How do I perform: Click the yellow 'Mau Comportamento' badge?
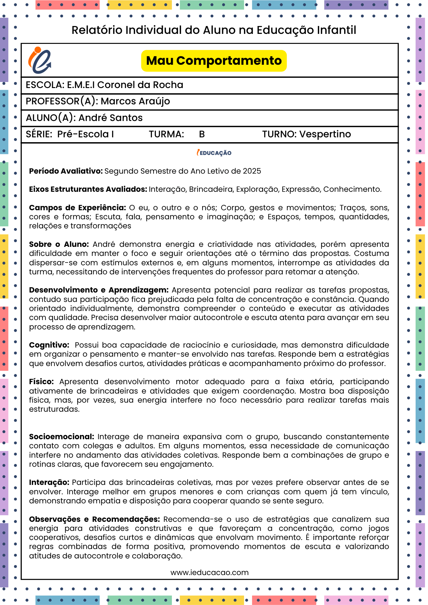pos(214,61)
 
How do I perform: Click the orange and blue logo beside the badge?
pos(40,60)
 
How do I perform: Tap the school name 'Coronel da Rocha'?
pos(140,85)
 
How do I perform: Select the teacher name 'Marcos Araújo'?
pos(135,101)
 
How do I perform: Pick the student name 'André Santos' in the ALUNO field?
pos(110,118)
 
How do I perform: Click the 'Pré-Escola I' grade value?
pos(86,134)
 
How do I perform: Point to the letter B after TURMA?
pos(202,134)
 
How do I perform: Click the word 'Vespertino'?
pos(325,134)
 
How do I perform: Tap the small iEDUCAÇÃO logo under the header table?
pos(214,153)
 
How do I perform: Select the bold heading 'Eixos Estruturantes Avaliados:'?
pos(88,189)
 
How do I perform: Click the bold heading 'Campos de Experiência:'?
pos(77,208)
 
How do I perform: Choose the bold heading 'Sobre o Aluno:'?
pos(59,244)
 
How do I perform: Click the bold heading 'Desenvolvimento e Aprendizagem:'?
pos(99,290)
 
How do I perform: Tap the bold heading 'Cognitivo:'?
pos(49,345)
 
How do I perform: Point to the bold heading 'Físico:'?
pos(41,382)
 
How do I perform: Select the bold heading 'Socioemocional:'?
pos(62,437)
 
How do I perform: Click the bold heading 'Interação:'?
pos(49,482)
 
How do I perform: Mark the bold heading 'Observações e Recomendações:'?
pos(94,519)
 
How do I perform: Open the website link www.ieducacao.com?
pos(209,573)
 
